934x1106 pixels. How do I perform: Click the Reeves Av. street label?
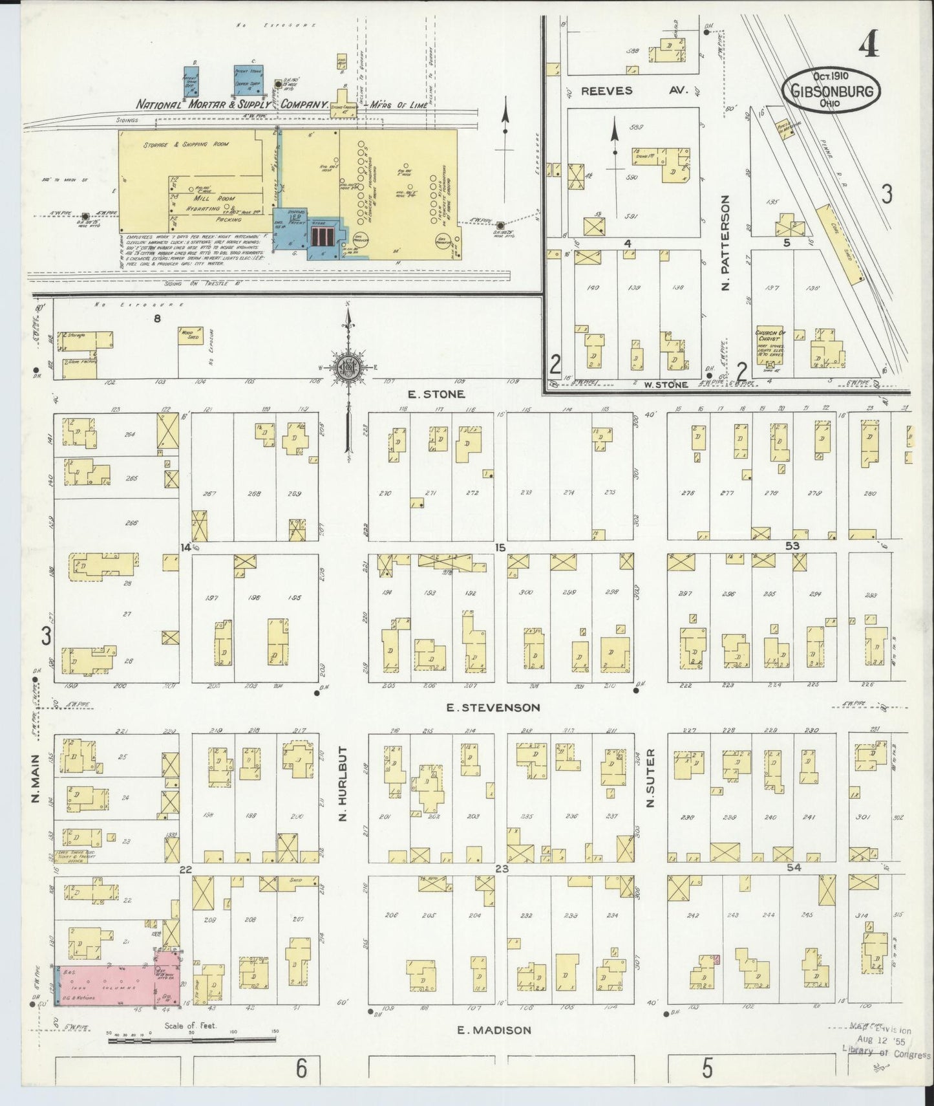[x=633, y=91]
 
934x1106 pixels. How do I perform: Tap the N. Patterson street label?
[x=725, y=243]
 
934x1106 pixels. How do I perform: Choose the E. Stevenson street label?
[x=493, y=708]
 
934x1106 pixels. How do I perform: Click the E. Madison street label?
[x=494, y=1030]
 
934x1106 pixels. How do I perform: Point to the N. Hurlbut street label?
[x=343, y=785]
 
